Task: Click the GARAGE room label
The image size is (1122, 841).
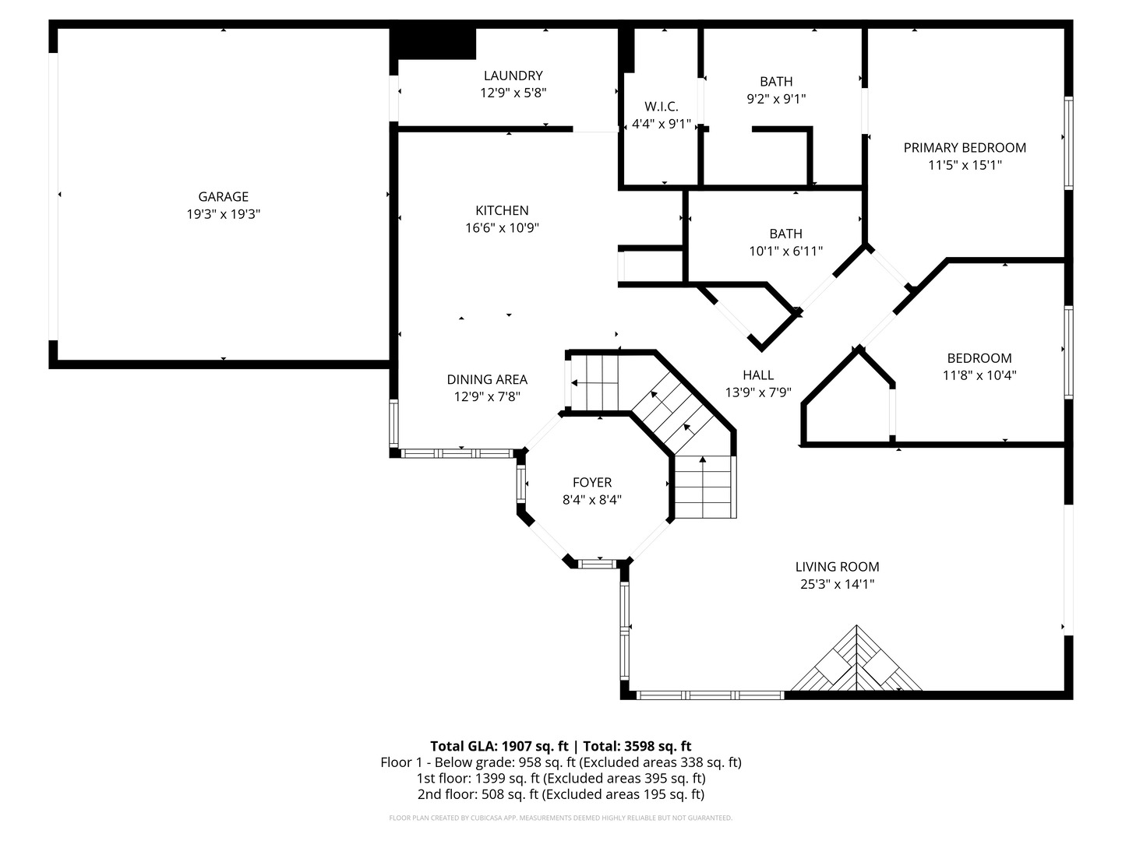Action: click(x=223, y=197)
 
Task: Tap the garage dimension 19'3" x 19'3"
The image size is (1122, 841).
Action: click(x=223, y=215)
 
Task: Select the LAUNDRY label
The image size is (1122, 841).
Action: click(x=513, y=76)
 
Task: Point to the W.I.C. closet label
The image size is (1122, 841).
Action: click(x=661, y=107)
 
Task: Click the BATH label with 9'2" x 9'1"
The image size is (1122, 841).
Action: click(x=776, y=81)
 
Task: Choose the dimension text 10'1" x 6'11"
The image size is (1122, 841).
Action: click(x=785, y=251)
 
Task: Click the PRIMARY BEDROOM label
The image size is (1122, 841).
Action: click(x=965, y=147)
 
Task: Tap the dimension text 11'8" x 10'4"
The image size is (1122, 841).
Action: click(x=979, y=375)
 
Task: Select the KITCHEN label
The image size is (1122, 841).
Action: click(x=502, y=210)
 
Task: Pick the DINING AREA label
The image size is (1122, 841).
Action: click(x=487, y=379)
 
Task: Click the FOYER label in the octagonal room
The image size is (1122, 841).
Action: click(x=592, y=482)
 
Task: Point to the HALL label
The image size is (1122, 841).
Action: click(x=758, y=375)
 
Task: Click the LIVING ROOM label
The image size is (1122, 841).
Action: click(x=837, y=567)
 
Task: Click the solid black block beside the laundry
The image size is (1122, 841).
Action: click(x=433, y=44)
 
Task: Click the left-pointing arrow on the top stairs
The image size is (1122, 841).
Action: click(x=575, y=382)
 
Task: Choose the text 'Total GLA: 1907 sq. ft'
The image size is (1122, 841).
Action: click(x=499, y=746)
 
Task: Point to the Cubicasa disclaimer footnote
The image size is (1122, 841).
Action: click(x=560, y=818)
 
